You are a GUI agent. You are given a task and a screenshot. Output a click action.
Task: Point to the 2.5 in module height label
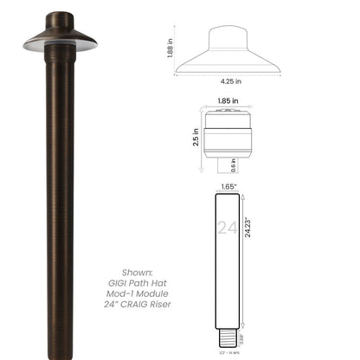(x=196, y=137)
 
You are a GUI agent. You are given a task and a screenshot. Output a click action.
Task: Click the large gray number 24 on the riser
(x=228, y=228)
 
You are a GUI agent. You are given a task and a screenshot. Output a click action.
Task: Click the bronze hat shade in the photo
(x=60, y=35)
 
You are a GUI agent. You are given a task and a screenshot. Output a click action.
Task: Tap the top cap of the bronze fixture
(x=60, y=19)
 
